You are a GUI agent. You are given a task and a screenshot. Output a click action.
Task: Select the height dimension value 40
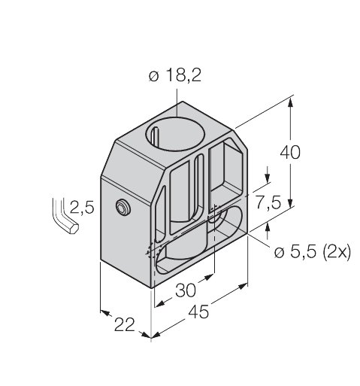point(290,152)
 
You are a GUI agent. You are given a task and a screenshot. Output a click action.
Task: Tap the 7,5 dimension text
point(268,202)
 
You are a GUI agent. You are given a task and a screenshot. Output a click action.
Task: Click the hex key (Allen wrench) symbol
point(63,217)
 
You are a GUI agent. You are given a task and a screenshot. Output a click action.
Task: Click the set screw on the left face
point(122,207)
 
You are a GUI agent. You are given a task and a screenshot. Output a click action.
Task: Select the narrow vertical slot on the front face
point(199,188)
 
